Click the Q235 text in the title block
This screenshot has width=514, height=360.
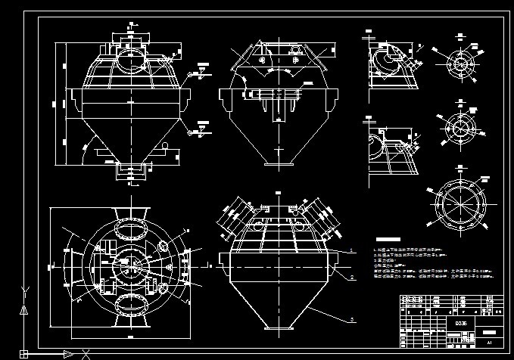pos(460,321)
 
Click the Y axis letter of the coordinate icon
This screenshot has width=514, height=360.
pos(25,290)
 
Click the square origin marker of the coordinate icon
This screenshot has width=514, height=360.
pos(24,353)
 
